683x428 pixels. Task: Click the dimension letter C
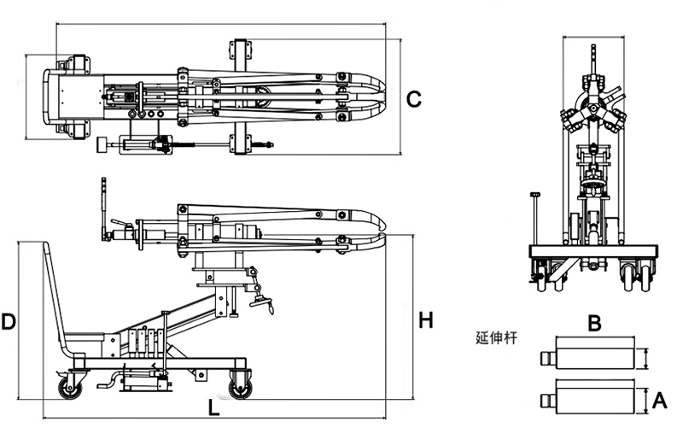[413, 99]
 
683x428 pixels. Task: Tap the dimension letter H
[426, 320]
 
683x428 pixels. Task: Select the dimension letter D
[9, 322]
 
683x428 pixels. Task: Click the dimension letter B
[596, 323]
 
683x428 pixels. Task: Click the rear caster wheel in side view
[67, 390]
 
